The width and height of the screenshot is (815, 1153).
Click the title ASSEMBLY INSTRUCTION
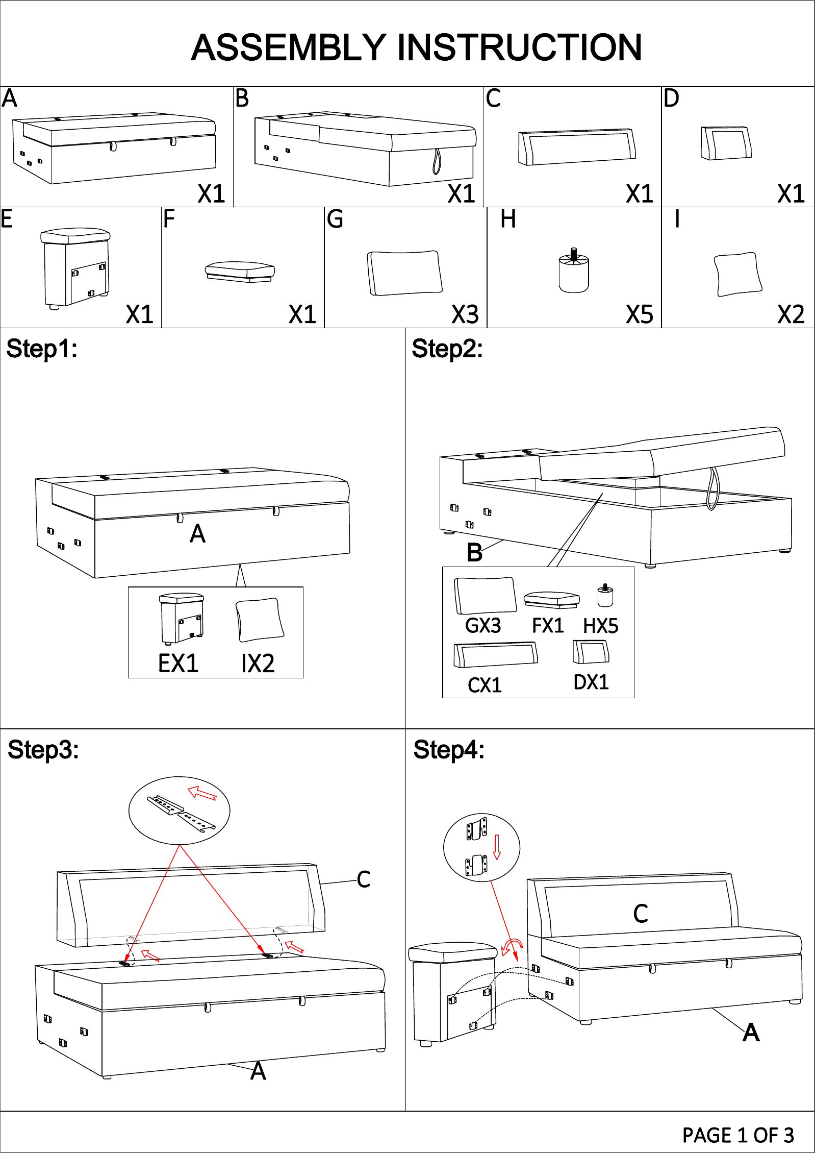pyautogui.click(x=416, y=47)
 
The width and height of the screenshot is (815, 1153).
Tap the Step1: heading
pyautogui.click(x=42, y=349)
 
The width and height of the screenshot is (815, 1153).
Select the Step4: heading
pyautogui.click(x=449, y=750)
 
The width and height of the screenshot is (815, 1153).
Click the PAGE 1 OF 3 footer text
pyautogui.click(x=738, y=1135)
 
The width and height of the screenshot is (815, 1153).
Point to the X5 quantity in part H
pyautogui.click(x=640, y=314)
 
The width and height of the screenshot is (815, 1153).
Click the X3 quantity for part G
pyautogui.click(x=465, y=314)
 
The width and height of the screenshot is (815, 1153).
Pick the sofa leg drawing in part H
pyautogui.click(x=574, y=270)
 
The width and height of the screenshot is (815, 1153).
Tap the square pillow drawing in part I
pyautogui.click(x=738, y=274)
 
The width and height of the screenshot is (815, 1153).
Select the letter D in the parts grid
pyautogui.click(x=671, y=98)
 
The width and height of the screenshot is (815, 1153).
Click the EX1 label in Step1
pyautogui.click(x=178, y=664)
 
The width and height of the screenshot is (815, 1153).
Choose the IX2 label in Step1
pyautogui.click(x=258, y=664)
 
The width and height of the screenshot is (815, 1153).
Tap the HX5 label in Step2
pyautogui.click(x=601, y=626)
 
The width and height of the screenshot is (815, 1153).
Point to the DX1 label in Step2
pyautogui.click(x=591, y=682)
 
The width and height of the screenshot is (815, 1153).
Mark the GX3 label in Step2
pyautogui.click(x=483, y=626)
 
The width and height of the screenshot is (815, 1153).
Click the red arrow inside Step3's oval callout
pyautogui.click(x=202, y=793)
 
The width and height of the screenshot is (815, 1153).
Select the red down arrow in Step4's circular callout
pyautogui.click(x=497, y=847)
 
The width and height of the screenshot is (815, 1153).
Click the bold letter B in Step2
pyautogui.click(x=474, y=552)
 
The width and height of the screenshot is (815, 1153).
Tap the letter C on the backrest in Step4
pyautogui.click(x=641, y=914)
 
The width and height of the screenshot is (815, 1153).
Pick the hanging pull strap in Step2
pyautogui.click(x=712, y=488)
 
